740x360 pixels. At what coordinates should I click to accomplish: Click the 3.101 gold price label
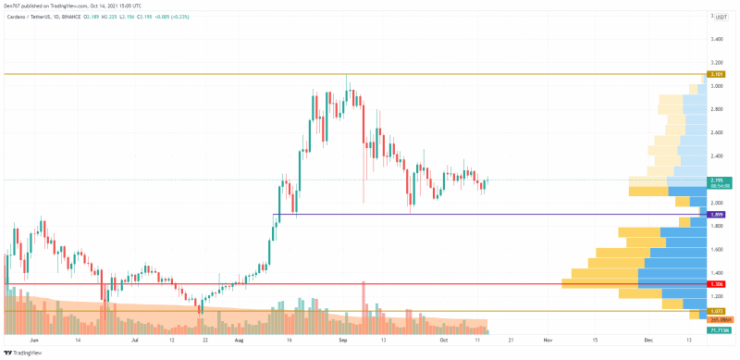click(x=716, y=74)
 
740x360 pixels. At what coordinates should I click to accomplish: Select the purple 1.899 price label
click(x=716, y=215)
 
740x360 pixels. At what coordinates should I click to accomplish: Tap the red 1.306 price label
click(x=716, y=284)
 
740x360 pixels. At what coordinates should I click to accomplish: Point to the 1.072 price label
click(x=716, y=311)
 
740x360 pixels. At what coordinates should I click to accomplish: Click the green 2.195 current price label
click(x=716, y=180)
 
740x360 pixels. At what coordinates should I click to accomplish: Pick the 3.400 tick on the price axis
click(x=716, y=40)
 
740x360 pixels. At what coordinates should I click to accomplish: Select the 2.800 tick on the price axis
click(x=716, y=109)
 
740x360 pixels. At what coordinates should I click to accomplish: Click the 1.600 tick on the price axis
click(x=716, y=250)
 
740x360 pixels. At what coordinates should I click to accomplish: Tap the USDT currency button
click(x=719, y=17)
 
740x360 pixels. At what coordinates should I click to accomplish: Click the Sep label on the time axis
click(x=343, y=340)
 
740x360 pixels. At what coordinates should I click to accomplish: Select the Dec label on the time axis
click(x=648, y=340)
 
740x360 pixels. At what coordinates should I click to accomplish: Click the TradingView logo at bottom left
click(x=28, y=353)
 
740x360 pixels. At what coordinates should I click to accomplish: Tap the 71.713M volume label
click(x=718, y=329)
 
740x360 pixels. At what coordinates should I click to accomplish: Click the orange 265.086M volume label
click(x=718, y=319)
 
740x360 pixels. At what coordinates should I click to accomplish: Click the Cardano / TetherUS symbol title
click(x=37, y=16)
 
